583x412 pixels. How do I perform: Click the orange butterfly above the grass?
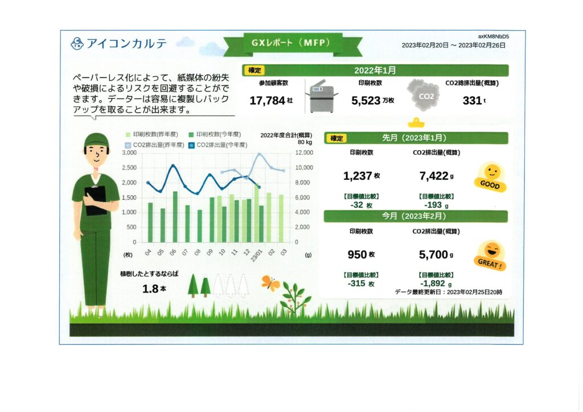click(x=270, y=283)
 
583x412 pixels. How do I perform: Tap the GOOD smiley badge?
click(x=491, y=177)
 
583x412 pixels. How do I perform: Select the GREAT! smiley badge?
click(x=490, y=256)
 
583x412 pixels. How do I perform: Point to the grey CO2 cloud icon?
click(x=423, y=95)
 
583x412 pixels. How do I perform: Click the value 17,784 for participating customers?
click(x=271, y=101)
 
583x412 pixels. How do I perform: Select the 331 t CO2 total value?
click(x=474, y=101)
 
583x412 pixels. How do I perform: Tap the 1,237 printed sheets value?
click(x=361, y=176)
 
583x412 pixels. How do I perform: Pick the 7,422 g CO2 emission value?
click(x=436, y=176)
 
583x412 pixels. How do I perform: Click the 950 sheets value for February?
click(x=361, y=255)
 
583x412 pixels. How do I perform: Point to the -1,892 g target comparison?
click(x=436, y=283)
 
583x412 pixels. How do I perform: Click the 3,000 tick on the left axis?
click(x=129, y=153)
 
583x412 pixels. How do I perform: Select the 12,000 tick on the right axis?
click(x=304, y=153)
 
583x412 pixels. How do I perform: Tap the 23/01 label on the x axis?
click(x=257, y=256)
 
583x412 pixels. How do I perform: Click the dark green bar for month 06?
click(x=175, y=217)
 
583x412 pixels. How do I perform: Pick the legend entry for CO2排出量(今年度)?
click(x=218, y=145)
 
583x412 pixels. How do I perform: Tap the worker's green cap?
click(x=96, y=141)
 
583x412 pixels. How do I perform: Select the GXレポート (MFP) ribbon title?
click(x=291, y=43)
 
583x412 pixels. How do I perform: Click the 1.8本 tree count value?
click(x=154, y=289)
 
